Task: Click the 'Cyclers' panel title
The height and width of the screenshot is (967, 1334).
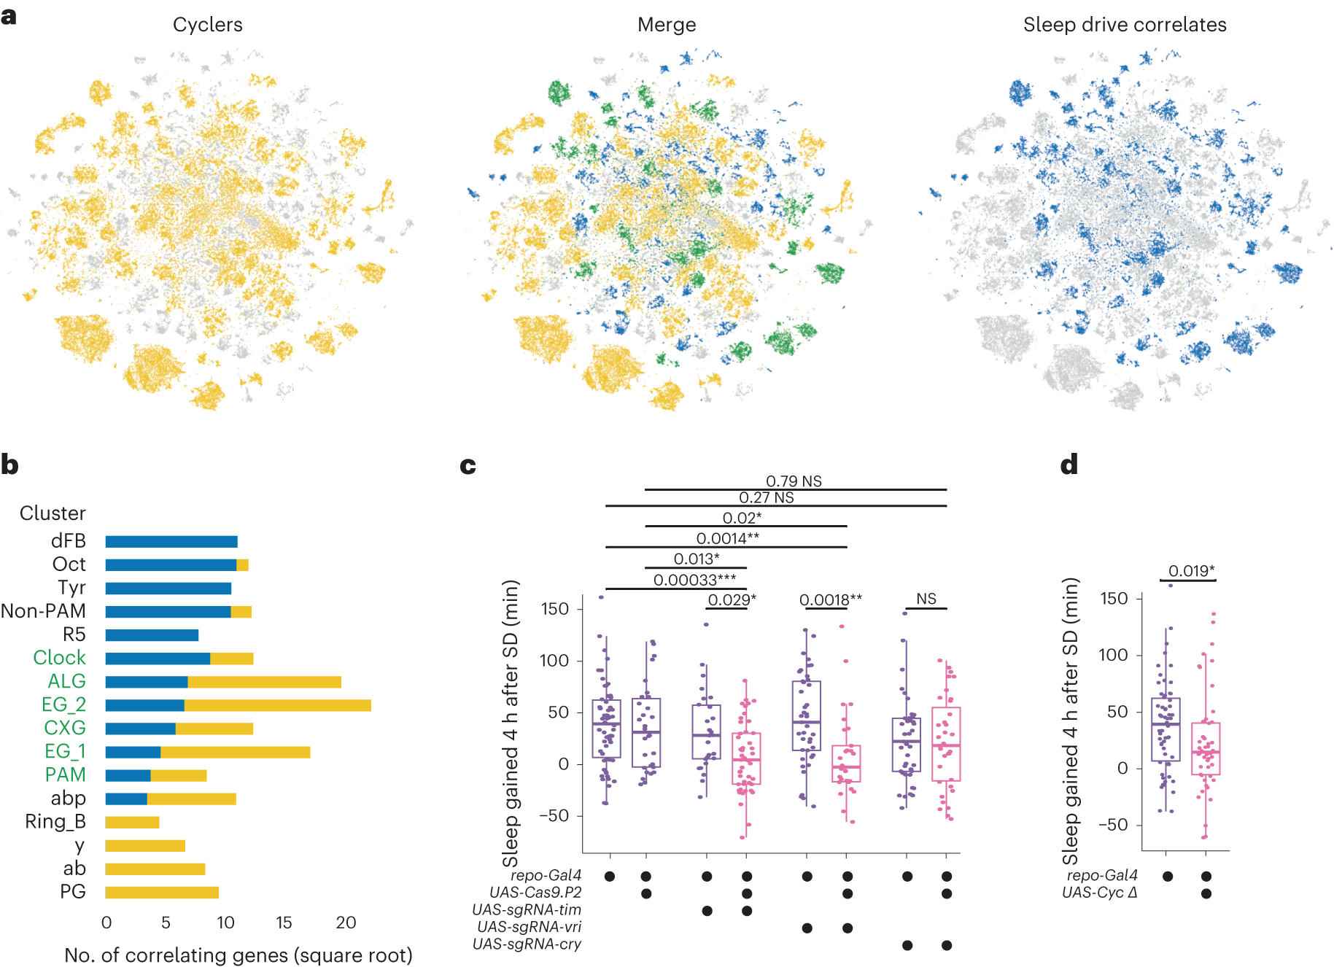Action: [207, 25]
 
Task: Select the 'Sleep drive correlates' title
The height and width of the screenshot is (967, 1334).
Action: [1124, 25]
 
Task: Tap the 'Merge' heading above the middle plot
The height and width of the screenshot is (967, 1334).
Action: [666, 25]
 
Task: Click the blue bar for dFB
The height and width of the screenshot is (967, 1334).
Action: [171, 542]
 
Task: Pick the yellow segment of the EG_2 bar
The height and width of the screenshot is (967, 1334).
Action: [277, 705]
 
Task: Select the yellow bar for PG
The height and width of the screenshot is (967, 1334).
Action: [162, 893]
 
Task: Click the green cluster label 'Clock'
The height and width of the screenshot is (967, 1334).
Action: [59, 658]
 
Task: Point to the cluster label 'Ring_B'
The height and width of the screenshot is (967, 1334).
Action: [55, 822]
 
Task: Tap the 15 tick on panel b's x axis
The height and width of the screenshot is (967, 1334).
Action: [284, 923]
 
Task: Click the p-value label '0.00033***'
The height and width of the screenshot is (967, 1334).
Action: [694, 580]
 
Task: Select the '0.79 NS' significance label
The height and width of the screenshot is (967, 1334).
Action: [794, 481]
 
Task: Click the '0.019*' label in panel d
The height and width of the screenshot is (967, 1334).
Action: [1191, 571]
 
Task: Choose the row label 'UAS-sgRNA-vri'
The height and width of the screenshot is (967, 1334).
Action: [529, 927]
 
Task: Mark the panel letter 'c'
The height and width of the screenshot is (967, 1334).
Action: [468, 465]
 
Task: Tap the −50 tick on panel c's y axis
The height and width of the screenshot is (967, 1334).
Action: [554, 816]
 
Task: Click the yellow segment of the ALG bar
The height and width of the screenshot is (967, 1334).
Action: [264, 682]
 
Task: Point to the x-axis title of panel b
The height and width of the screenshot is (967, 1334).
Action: [239, 955]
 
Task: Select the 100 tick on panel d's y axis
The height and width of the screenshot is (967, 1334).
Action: [1113, 655]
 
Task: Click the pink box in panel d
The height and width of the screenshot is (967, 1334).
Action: [1206, 749]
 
